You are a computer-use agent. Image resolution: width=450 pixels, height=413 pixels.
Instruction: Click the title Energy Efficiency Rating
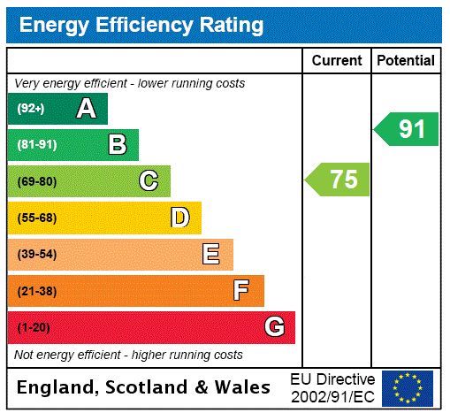click(x=141, y=26)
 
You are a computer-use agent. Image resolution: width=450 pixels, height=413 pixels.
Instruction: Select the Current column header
click(x=337, y=60)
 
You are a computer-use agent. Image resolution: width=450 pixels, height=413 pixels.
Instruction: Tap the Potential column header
click(x=406, y=60)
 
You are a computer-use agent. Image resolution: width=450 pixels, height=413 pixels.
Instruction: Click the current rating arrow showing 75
click(x=339, y=180)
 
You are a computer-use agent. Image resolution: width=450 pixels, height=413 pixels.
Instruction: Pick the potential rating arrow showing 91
click(x=408, y=129)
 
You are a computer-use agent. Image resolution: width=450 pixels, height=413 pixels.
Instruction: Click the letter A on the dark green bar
click(x=86, y=109)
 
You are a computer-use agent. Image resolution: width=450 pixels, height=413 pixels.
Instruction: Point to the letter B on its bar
click(x=117, y=145)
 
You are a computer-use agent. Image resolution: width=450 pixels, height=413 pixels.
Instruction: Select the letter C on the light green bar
click(x=149, y=181)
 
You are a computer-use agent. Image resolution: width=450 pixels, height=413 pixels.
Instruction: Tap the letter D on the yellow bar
click(x=179, y=218)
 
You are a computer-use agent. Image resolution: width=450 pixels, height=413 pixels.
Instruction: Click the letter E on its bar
click(x=211, y=255)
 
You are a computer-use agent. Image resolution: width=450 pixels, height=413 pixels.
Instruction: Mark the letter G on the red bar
click(x=274, y=327)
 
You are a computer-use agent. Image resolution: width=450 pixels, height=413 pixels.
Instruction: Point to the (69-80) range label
click(x=37, y=181)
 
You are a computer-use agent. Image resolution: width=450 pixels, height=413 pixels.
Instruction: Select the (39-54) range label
click(x=37, y=255)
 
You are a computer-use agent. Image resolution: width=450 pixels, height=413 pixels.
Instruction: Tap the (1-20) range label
click(x=34, y=327)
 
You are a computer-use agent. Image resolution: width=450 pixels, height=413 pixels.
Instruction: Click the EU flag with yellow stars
click(x=408, y=387)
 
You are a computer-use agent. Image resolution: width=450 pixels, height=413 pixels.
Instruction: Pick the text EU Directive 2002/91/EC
click(x=332, y=387)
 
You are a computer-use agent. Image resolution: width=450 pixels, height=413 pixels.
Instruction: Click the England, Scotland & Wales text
click(x=144, y=387)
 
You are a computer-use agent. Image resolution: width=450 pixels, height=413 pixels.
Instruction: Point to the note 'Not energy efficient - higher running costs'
click(x=129, y=355)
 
